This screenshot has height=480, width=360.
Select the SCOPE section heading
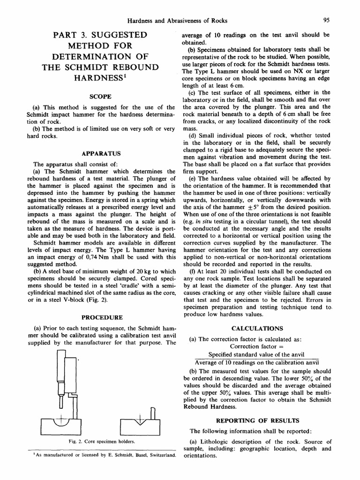point(101,97)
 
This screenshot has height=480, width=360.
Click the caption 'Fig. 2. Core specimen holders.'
point(101,442)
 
